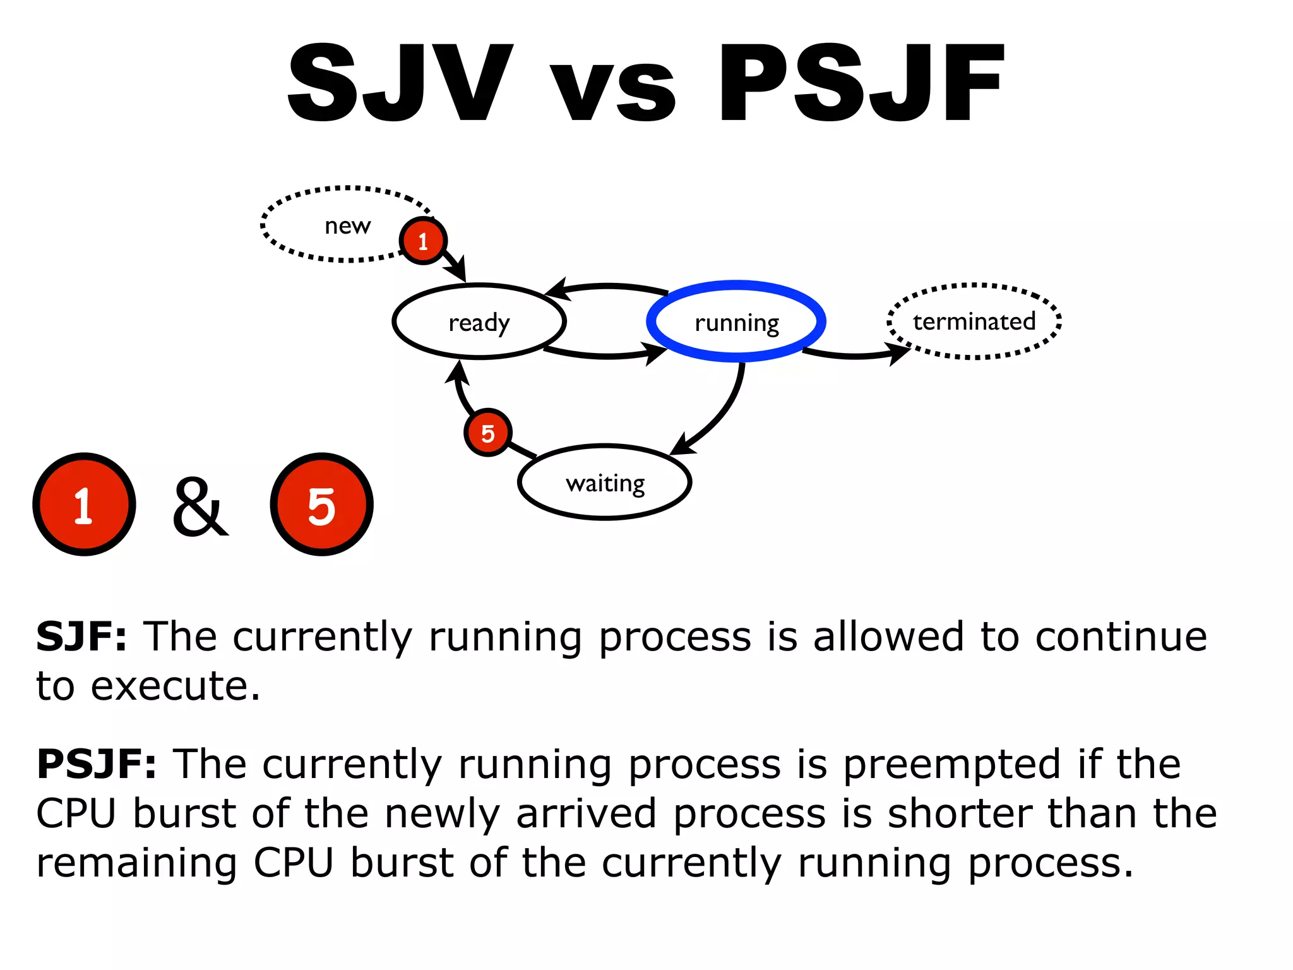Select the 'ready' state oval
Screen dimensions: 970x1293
click(x=479, y=322)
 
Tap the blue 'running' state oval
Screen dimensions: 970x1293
click(x=736, y=322)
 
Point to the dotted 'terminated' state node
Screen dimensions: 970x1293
click(x=974, y=321)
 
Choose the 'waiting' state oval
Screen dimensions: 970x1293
click(x=605, y=483)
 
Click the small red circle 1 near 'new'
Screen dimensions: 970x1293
click(x=423, y=241)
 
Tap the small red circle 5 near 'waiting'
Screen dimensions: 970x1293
click(x=487, y=433)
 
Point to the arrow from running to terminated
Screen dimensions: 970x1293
click(x=855, y=355)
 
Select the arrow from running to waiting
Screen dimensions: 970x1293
click(x=720, y=417)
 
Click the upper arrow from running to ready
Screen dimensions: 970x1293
click(x=607, y=287)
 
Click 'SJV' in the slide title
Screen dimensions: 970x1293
click(x=400, y=83)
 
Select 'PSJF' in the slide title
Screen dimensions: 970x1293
click(x=861, y=83)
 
